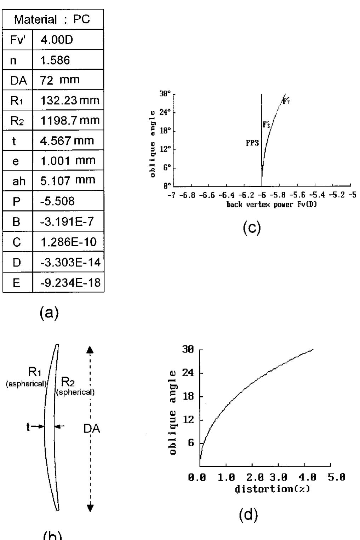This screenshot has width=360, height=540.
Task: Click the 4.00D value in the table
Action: (57, 39)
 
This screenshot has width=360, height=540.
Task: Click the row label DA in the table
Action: (18, 80)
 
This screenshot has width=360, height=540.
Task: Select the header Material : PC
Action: (53, 19)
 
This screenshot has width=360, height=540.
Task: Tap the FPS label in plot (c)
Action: (252, 143)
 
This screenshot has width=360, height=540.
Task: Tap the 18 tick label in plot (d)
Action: (189, 396)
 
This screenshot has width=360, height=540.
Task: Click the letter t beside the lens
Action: (28, 427)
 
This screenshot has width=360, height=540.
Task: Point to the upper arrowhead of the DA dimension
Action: (90, 349)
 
